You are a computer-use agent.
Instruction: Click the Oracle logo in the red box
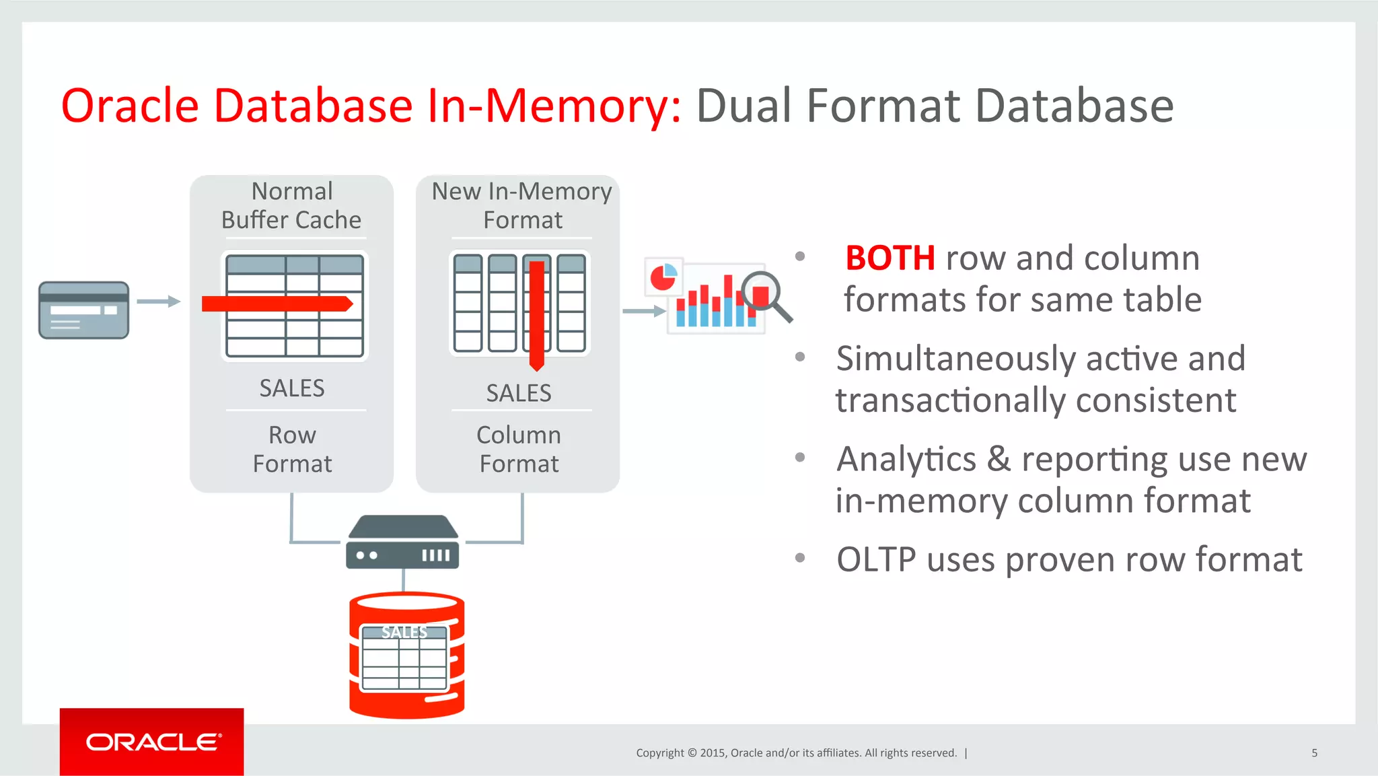(152, 742)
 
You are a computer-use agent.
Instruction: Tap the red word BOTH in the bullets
(890, 258)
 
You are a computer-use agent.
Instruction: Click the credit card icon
(83, 310)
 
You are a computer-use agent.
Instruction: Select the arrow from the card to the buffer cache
(159, 302)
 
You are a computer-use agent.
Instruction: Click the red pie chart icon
(663, 277)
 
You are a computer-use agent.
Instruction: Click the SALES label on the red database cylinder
(404, 632)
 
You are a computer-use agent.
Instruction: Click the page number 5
(1314, 753)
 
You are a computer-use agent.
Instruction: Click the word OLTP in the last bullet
(876, 560)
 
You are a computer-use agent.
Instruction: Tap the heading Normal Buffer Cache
(291, 206)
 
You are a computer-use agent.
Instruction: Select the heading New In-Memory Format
(522, 206)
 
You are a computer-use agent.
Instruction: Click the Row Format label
(292, 450)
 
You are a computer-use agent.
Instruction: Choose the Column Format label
(519, 450)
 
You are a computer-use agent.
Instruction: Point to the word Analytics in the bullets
(906, 460)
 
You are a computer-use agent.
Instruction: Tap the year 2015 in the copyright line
(712, 753)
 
